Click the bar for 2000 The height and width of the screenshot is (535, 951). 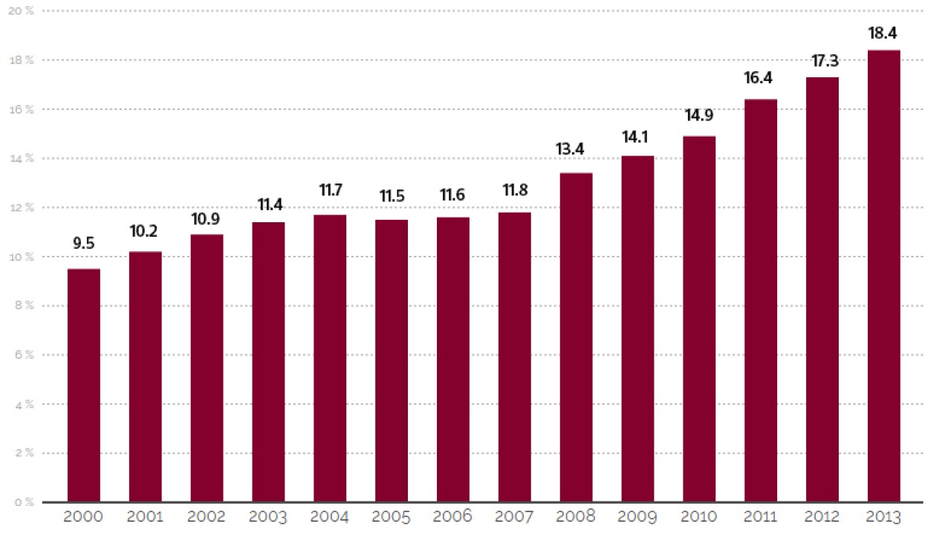tap(84, 385)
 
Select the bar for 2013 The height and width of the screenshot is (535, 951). tap(883, 276)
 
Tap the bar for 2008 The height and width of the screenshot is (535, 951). tap(576, 337)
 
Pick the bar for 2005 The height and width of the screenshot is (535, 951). tap(392, 360)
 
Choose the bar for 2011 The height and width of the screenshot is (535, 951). tap(761, 300)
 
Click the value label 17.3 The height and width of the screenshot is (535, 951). tap(822, 61)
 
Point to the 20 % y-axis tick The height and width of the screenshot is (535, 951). tap(22, 11)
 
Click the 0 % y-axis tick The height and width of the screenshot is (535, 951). tap(24, 502)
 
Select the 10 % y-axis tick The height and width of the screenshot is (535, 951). tap(22, 257)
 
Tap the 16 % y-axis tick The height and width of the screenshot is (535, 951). tap(22, 109)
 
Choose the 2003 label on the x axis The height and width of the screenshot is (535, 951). tap(268, 516)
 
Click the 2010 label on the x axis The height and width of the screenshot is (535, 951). tap(699, 516)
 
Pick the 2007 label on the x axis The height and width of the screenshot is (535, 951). tap(514, 516)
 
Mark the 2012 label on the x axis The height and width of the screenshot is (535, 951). tap(822, 516)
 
